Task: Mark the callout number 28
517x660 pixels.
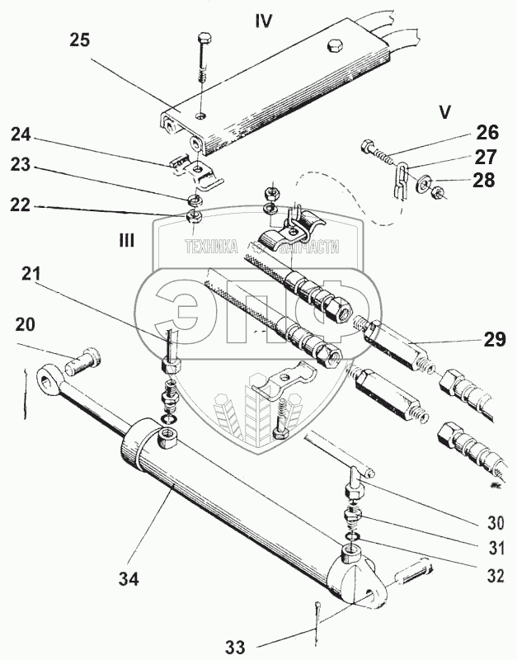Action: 484,181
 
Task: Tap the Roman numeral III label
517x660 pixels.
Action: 127,240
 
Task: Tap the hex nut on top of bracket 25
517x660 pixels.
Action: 335,44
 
